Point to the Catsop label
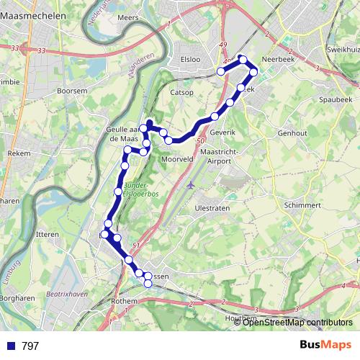[183, 93]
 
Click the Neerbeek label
[278, 60]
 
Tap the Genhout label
[292, 133]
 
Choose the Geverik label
[223, 133]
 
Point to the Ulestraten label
[212, 208]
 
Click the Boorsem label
[73, 91]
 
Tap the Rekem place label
[17, 153]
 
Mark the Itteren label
[48, 235]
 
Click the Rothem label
[125, 301]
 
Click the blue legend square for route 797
[10, 346]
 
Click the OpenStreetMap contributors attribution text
[293, 322]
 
